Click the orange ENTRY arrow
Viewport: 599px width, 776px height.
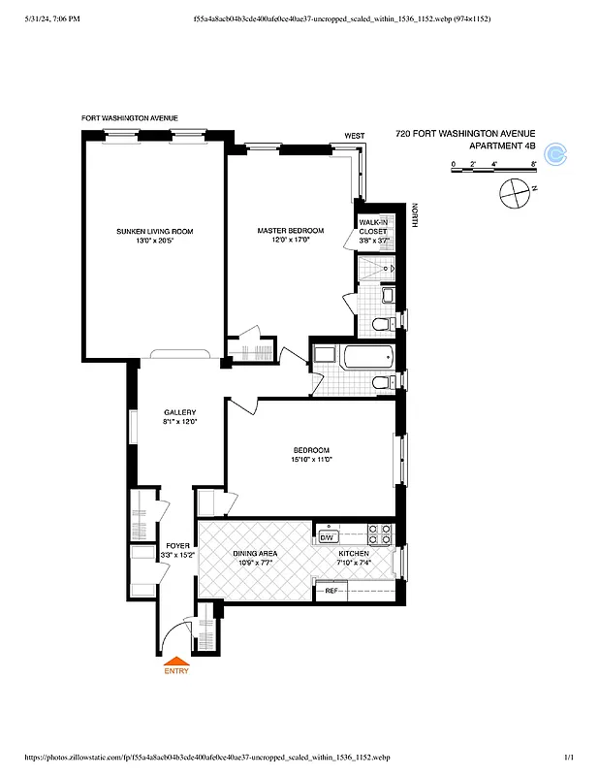[176, 661]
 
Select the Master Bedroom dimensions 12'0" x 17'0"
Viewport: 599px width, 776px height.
[290, 241]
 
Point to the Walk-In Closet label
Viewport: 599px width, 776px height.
[373, 227]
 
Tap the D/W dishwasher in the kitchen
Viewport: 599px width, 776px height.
[327, 536]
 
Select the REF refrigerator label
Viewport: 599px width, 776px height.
[331, 590]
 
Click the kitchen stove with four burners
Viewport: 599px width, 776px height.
[379, 533]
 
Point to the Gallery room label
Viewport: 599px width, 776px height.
[179, 412]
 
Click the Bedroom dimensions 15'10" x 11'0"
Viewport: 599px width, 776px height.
[311, 460]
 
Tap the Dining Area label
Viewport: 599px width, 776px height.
[255, 553]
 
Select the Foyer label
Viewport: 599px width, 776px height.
[178, 545]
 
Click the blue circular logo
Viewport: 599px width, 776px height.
[556, 152]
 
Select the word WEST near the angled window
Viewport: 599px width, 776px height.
[354, 136]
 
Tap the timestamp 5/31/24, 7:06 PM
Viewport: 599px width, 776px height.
[46, 18]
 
